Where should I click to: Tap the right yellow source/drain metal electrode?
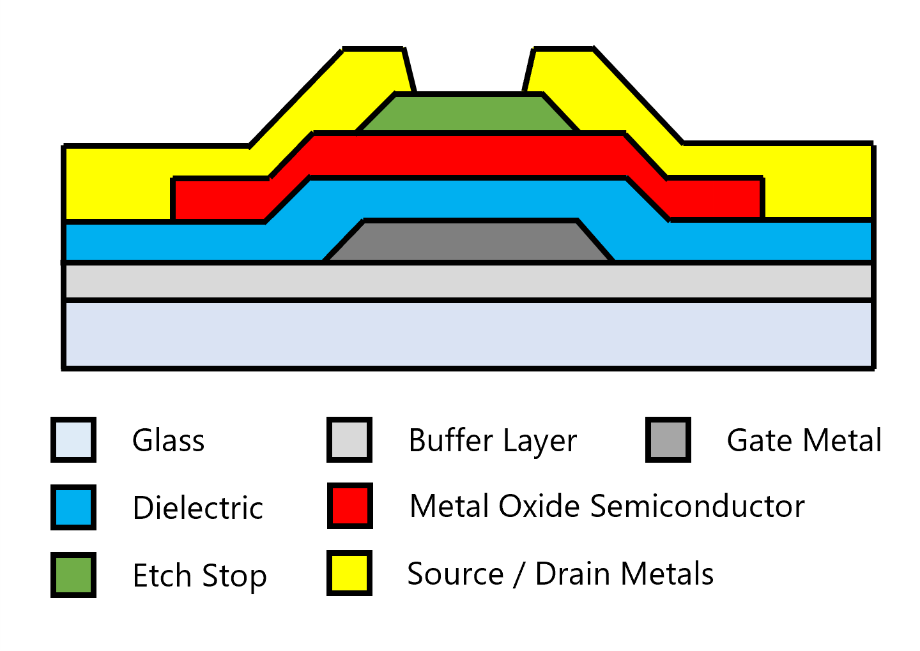click(x=818, y=182)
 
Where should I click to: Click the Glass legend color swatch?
click(x=73, y=440)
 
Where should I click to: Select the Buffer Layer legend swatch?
click(x=349, y=440)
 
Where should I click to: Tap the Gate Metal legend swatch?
click(x=668, y=440)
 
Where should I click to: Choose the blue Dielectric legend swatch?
click(x=73, y=507)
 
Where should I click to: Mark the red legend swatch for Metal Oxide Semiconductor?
click(x=349, y=506)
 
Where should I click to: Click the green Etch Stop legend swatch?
click(x=73, y=574)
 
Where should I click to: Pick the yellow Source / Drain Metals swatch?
click(x=349, y=573)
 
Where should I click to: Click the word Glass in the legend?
click(x=168, y=440)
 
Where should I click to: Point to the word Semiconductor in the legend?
click(x=697, y=506)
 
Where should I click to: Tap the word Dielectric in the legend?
click(x=197, y=508)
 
